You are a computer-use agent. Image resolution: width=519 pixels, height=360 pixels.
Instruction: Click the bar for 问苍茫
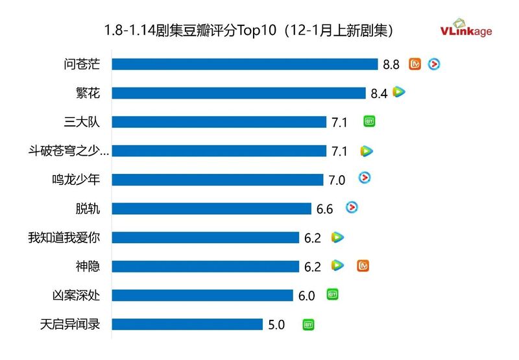click(245, 64)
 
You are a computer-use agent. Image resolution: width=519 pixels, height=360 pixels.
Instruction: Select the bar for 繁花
click(239, 93)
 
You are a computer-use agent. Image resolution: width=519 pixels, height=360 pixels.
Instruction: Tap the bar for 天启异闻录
click(187, 324)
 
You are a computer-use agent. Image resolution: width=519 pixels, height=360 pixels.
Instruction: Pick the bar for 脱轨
click(211, 208)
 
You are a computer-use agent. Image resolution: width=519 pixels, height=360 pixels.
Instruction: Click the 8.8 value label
click(391, 64)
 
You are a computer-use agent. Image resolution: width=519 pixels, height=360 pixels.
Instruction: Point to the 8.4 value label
click(379, 93)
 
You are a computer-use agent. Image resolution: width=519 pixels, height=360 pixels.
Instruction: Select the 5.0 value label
click(276, 324)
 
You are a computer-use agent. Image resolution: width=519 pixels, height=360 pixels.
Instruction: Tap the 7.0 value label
click(337, 180)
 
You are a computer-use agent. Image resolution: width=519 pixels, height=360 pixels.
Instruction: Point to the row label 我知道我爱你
click(64, 237)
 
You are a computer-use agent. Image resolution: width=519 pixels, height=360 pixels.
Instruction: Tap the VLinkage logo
click(466, 29)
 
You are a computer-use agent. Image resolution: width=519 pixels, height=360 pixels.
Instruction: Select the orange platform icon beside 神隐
click(363, 266)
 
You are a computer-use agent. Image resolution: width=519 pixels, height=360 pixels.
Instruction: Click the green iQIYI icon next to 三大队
click(368, 121)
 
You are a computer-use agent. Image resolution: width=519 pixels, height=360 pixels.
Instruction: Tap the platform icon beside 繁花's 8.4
click(399, 93)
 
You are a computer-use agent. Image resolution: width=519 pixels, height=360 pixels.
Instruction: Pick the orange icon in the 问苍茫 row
click(415, 64)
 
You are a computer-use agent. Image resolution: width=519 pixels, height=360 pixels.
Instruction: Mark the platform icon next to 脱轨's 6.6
click(352, 208)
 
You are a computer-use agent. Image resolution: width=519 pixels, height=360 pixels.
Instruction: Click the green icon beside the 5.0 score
click(309, 324)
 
